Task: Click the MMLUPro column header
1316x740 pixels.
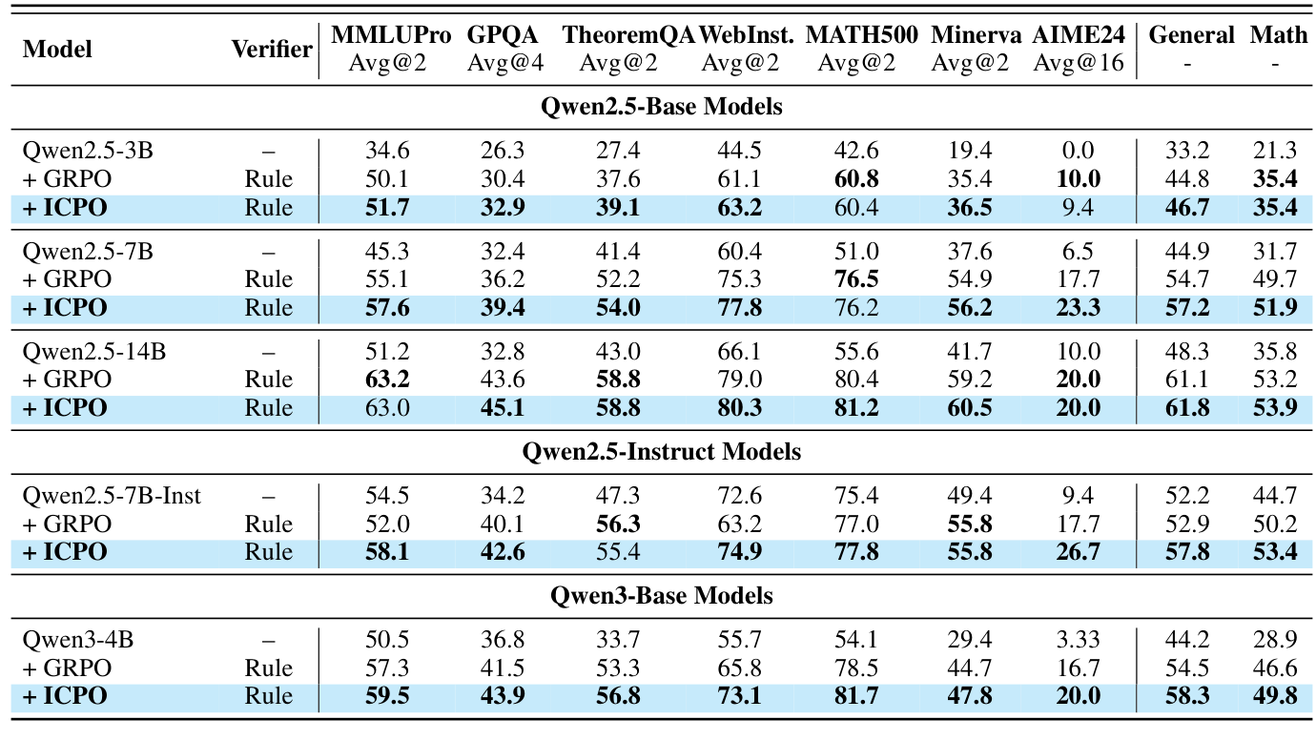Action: pos(391,36)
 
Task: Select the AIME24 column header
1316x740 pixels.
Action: pos(1078,36)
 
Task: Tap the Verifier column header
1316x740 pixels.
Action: pos(272,50)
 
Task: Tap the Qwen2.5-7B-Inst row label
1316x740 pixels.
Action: pos(112,496)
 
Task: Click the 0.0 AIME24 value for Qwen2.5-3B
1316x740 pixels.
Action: pos(1079,150)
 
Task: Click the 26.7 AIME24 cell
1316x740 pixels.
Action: pos(1079,552)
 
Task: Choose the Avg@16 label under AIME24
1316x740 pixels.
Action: pos(1079,63)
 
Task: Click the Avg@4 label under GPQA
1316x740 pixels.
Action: pos(503,63)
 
